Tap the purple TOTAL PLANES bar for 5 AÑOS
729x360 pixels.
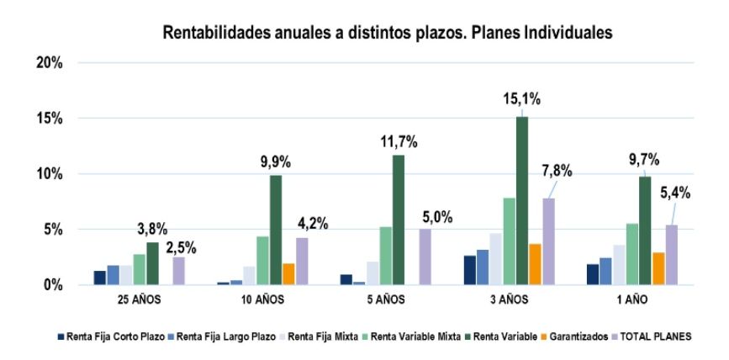[425, 257]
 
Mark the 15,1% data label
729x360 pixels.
[522, 99]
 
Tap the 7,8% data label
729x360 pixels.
[556, 172]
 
